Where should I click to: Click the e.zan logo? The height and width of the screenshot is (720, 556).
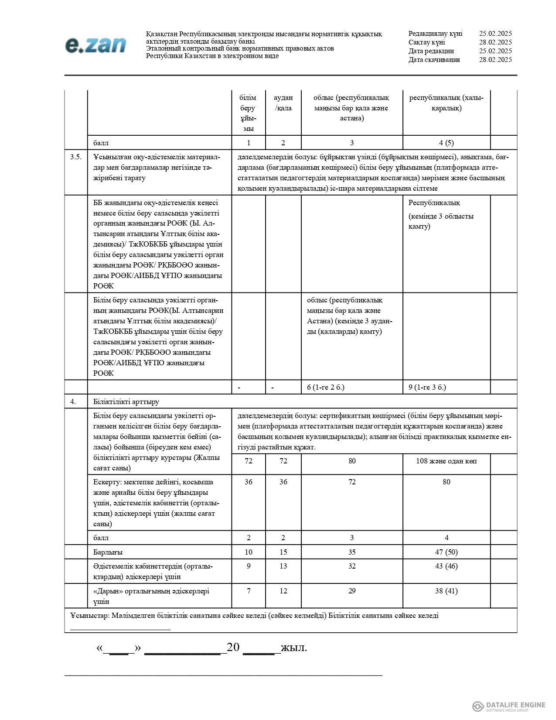[x=96, y=45]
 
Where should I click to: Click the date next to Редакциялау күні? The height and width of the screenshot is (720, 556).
[x=495, y=34]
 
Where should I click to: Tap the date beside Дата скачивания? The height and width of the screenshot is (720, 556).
[x=495, y=60]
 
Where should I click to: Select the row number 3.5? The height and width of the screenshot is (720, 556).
[x=76, y=157]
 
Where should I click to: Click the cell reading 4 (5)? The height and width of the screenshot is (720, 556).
[x=446, y=143]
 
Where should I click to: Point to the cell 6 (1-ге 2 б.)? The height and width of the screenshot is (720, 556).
[x=325, y=387]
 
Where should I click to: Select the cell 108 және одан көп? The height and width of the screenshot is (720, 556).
[x=446, y=461]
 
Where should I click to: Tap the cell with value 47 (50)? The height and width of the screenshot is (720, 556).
[x=446, y=552]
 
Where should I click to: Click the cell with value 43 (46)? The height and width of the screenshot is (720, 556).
[x=446, y=566]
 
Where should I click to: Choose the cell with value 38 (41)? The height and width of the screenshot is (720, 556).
[x=446, y=591]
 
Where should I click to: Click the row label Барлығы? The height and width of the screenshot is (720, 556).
[x=108, y=552]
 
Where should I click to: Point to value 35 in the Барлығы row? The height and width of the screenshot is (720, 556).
[x=352, y=552]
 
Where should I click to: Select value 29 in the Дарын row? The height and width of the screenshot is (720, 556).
[x=352, y=591]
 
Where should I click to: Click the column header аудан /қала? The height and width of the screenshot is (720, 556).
[x=283, y=103]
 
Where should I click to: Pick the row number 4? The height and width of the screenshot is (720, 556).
[x=73, y=401]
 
